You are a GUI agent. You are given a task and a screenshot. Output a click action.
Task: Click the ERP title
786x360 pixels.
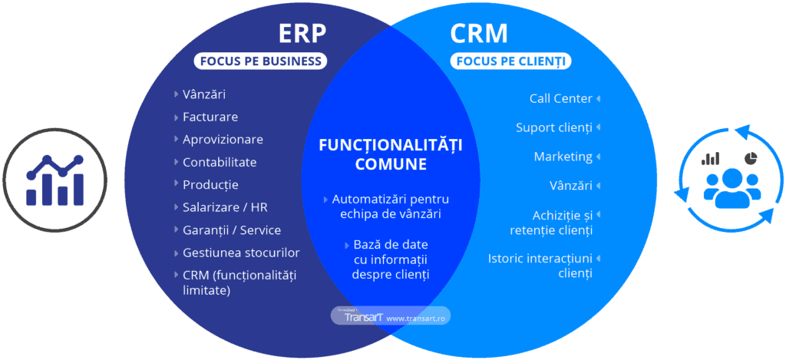tap(302, 35)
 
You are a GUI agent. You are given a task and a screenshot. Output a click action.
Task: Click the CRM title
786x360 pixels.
tap(479, 35)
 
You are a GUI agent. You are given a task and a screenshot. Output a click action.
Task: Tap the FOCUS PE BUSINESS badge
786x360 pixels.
tap(260, 61)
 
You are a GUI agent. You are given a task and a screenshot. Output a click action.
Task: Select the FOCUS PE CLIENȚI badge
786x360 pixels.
tap(510, 61)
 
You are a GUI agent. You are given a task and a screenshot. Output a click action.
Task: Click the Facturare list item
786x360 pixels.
tap(210, 117)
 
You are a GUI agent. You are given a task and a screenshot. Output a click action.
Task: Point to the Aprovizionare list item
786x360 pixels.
tap(223, 140)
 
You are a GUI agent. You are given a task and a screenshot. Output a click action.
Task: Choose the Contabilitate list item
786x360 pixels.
tap(220, 163)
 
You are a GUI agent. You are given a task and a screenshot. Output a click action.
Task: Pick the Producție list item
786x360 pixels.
tap(210, 185)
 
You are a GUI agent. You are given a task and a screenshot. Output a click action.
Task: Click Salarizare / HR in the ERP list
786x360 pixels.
tap(225, 207)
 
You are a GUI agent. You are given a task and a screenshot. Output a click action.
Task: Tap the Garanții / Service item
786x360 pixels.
tap(232, 230)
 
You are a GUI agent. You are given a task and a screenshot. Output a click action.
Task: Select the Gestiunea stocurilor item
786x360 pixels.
tap(241, 253)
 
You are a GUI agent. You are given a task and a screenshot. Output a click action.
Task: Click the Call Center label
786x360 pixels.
tap(560, 98)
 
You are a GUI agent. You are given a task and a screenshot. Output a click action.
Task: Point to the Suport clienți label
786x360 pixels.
tap(553, 127)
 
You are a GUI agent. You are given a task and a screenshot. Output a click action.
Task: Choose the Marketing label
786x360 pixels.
tap(563, 157)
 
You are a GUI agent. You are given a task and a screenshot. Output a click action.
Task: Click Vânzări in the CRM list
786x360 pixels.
tap(570, 186)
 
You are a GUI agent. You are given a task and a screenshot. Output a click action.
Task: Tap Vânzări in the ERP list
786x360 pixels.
tap(204, 95)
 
